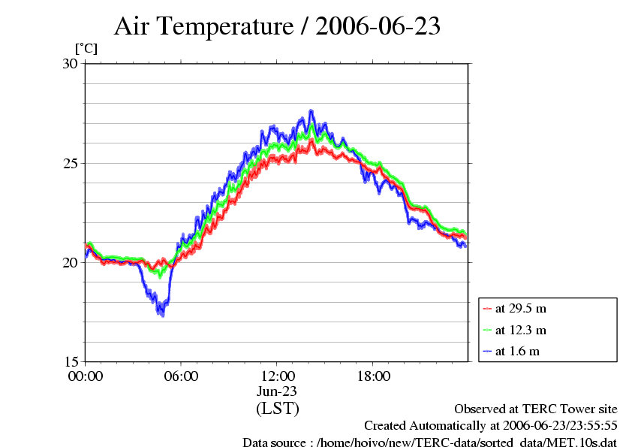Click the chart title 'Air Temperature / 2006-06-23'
(277, 27)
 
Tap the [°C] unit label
(86, 48)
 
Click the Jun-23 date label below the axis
(277, 391)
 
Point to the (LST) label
(277, 409)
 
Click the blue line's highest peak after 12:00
(311, 111)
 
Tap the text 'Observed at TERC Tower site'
(535, 409)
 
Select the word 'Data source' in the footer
(274, 442)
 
